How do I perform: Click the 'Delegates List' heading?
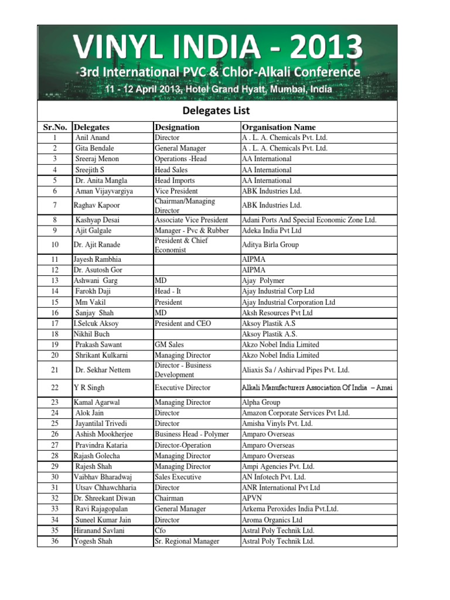pyautogui.click(x=217, y=110)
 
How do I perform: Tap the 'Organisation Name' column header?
pyautogui.click(x=278, y=127)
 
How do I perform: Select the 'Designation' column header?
pyautogui.click(x=177, y=127)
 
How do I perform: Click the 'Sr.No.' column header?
pyautogui.click(x=54, y=127)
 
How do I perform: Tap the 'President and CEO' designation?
pyautogui.click(x=182, y=323)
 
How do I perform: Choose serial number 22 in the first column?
pyautogui.click(x=54, y=388)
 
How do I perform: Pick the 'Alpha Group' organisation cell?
pyautogui.click(x=261, y=403)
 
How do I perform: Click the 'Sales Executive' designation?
pyautogui.click(x=179, y=477)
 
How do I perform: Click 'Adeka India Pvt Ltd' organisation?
pyautogui.click(x=271, y=230)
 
